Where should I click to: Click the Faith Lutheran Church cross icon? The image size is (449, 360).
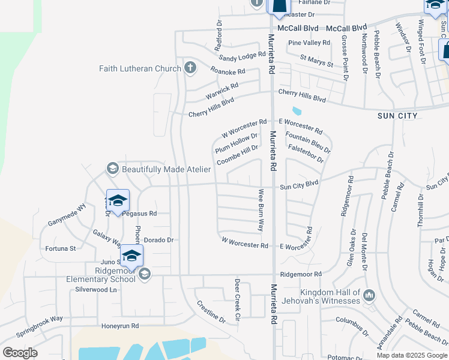coord(190,67)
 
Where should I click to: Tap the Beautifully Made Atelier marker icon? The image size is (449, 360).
coord(112,169)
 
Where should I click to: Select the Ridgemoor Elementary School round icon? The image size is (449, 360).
coord(143,274)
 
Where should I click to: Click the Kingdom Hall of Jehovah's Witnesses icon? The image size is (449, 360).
coord(369,295)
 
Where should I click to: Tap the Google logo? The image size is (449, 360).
coord(20,353)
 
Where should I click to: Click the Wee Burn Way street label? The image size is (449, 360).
coord(261,211)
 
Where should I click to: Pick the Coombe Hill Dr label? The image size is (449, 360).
coord(237,155)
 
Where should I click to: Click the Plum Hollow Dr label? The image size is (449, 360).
coord(236,143)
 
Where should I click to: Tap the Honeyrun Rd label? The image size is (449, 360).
coord(120,326)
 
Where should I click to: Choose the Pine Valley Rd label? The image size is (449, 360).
coord(309,43)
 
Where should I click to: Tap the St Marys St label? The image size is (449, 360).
coord(316,61)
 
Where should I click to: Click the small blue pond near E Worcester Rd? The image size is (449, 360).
coord(297,111)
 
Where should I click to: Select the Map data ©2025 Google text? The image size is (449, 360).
coord(412,355)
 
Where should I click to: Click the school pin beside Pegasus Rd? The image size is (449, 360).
coord(118,200)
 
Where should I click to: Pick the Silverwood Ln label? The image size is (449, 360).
coord(95,289)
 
